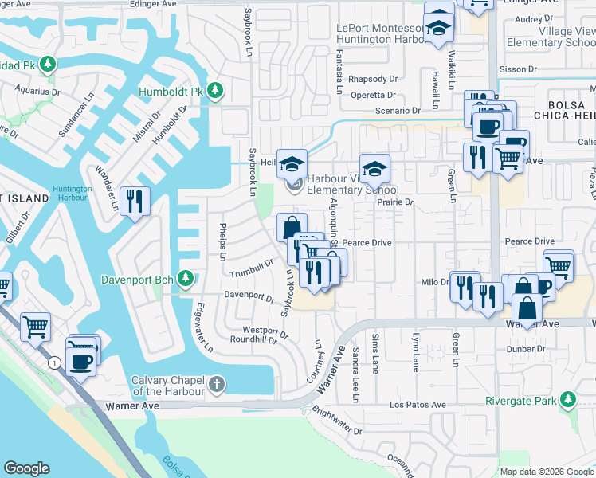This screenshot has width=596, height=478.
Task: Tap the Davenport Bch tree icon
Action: pos(186,279)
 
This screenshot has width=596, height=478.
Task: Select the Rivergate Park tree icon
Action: pos(567,400)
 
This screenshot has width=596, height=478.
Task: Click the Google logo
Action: pos(27,468)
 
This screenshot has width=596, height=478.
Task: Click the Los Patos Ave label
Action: pos(416,405)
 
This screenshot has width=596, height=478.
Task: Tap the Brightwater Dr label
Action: pos(337,421)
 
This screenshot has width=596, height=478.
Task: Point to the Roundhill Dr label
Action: pos(253,339)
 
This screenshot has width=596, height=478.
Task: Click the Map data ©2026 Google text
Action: pos(546,472)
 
